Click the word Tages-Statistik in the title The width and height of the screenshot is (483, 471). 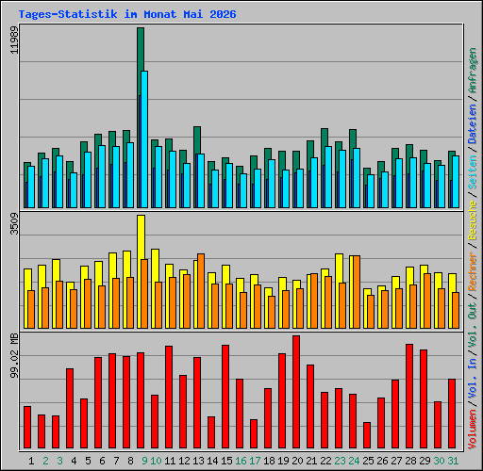click(x=68, y=14)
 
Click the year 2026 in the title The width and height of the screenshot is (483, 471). click(x=223, y=14)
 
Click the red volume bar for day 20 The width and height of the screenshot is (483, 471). click(x=296, y=392)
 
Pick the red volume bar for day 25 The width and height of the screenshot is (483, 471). click(x=367, y=435)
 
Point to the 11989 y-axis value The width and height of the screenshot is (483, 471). click(x=14, y=40)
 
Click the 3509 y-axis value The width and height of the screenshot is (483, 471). click(x=14, y=224)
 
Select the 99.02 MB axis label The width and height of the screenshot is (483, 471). click(x=14, y=356)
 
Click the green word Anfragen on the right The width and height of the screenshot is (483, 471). click(x=473, y=71)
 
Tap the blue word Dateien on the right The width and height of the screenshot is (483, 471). click(x=473, y=124)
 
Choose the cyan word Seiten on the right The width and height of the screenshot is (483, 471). click(x=473, y=172)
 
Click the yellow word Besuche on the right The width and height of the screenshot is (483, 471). click(x=473, y=220)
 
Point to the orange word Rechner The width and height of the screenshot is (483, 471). click(x=473, y=271)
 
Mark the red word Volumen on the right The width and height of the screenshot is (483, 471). click(x=473, y=430)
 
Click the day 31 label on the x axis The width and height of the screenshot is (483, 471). click(x=453, y=461)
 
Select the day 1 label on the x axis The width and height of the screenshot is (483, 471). click(x=31, y=461)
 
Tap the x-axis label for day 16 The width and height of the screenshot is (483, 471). click(x=241, y=461)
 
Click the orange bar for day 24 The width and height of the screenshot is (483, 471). click(x=357, y=292)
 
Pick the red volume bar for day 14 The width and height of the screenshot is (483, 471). click(x=211, y=432)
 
